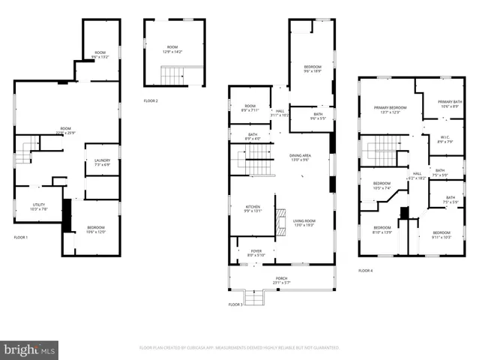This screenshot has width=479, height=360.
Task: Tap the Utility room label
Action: (x=38, y=207)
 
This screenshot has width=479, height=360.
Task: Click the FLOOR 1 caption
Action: (x=21, y=238)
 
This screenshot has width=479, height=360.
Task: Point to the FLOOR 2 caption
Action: (x=151, y=100)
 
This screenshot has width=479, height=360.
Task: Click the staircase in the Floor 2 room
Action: (x=172, y=76)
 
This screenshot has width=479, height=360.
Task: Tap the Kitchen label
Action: (x=253, y=209)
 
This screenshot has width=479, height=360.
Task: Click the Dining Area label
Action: (x=300, y=157)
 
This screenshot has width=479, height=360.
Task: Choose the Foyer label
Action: (x=256, y=253)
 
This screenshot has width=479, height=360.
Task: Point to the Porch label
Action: (x=281, y=280)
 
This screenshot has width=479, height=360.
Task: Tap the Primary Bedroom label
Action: (x=395, y=109)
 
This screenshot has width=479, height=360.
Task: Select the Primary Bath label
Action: (x=451, y=103)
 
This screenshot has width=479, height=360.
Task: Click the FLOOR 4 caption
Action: (x=365, y=270)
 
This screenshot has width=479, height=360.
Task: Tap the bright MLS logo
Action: (x=30, y=349)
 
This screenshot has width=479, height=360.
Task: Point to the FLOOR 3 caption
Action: (x=235, y=304)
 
